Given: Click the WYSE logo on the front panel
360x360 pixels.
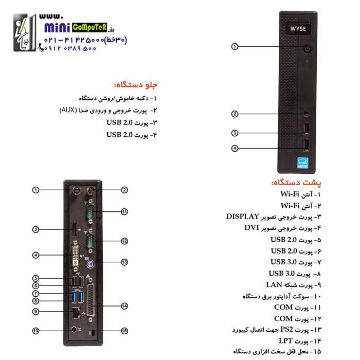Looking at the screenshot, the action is coord(298,29).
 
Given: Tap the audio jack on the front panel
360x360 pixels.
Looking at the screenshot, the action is coord(307,113).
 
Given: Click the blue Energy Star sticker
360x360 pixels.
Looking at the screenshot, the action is coord(302,163).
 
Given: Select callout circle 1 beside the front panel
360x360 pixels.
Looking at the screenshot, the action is coord(235,47).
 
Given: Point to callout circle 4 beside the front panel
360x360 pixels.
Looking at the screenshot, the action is coord(235,148).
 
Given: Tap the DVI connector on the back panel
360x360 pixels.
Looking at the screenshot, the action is coord(76,256).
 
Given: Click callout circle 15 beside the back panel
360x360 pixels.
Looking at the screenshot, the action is coord(124,331).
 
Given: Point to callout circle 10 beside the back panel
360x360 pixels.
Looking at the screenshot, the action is coord(35,331).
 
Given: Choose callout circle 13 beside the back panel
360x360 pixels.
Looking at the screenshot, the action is coord(124,262).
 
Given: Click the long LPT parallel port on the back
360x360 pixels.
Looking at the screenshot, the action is coord(91,300).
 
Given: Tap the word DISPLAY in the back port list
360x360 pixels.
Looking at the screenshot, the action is coord(242,217).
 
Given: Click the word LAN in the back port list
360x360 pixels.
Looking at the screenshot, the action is coord(274,285).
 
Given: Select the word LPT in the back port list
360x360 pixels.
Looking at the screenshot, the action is coord(285,341).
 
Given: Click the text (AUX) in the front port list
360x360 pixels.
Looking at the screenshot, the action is coord(68,111).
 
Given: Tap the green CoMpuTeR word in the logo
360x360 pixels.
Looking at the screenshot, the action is coord(89,27).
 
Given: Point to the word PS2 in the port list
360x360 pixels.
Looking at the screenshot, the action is coord(286,330).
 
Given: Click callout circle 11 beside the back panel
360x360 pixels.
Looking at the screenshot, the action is coord(124,212).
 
